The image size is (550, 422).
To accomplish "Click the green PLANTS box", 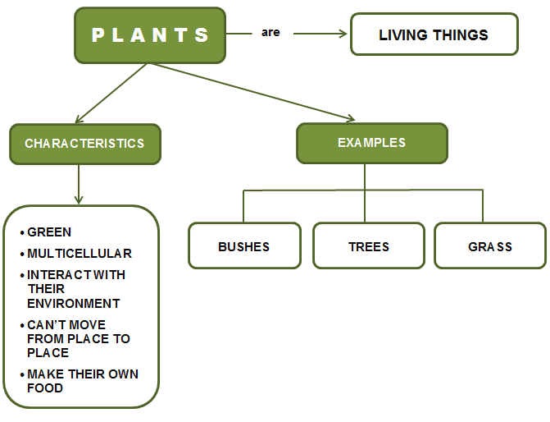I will pos(150,35).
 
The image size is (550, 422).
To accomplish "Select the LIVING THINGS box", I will pos(434,34).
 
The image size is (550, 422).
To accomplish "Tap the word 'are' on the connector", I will pos(270,33).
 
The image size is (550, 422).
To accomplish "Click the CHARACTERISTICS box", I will pos(84,144).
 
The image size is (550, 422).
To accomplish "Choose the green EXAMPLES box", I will pos(371,143).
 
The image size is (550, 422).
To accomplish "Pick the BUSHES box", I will pos(243,246).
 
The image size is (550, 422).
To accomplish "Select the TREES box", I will pos(368,246).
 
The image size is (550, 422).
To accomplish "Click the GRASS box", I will pos(489,246).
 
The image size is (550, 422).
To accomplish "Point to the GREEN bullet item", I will pos(49,232).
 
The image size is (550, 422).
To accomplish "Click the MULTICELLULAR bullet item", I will pos(79,254).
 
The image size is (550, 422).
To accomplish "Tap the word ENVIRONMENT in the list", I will pos(73,303).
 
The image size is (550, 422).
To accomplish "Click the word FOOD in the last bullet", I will pos(44,388).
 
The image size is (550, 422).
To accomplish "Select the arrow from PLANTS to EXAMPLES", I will pos(254,91).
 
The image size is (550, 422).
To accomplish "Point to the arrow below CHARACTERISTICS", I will pos(79,184).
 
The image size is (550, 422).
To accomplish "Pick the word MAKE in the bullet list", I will pos(43,374).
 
